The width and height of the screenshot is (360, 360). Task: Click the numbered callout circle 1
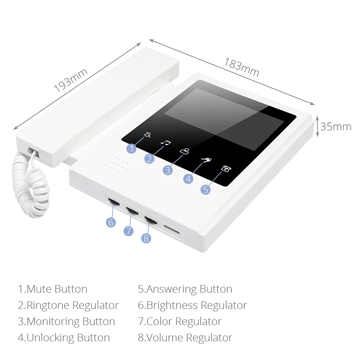coord(131,149)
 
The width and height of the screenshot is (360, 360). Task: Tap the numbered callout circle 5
coord(206,190)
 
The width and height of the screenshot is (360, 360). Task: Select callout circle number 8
coord(146,238)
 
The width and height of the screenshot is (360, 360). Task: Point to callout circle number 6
coord(111,222)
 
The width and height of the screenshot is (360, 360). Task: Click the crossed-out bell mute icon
coord(147,135)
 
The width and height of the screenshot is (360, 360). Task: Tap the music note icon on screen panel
coord(166,143)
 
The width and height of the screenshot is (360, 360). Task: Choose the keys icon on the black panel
coord(206,160)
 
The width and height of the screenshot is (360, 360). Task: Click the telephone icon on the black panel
coord(226,169)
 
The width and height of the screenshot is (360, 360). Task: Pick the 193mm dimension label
coord(71,80)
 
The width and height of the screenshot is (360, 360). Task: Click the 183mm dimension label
coord(242,67)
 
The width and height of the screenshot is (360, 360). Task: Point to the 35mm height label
coord(336,127)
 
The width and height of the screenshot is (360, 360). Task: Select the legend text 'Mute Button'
coord(57,289)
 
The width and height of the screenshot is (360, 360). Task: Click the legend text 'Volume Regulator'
coord(189,338)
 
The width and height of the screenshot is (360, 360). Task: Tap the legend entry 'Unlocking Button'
coord(68,338)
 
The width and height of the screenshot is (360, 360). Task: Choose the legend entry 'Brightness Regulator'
coord(197,305)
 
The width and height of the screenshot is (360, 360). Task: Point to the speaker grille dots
coord(117,165)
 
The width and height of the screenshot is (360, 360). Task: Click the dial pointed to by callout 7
coord(132,211)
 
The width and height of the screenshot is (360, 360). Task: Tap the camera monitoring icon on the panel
coord(185,151)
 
